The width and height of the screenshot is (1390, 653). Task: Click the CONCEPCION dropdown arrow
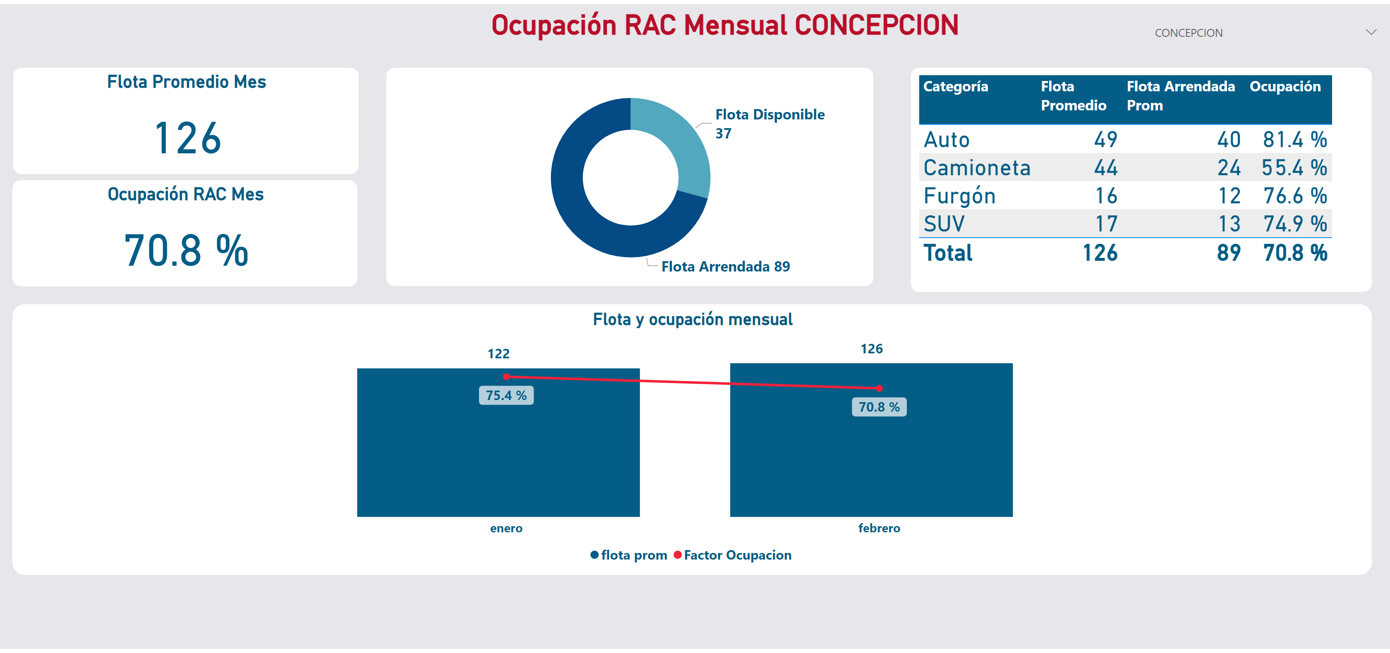pos(1370,32)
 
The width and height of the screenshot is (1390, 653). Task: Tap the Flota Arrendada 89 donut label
pos(725,267)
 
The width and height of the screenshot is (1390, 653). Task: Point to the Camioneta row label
pos(977,168)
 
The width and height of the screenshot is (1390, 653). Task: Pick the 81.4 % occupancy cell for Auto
pos(1294,140)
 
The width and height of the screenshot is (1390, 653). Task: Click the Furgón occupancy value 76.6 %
pos(1294,196)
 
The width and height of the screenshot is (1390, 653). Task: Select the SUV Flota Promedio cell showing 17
pos(1106,224)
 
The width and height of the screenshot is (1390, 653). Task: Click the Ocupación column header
pos(1285,87)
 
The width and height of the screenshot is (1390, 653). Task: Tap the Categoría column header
pos(956,87)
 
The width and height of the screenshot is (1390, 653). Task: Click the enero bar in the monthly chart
pos(498,458)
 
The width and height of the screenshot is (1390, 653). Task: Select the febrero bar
pos(871,458)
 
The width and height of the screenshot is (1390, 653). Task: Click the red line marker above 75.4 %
pos(506,377)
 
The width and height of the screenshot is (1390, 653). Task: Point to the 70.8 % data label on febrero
pos(879,407)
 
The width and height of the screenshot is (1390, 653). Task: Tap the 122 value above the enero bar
pos(498,354)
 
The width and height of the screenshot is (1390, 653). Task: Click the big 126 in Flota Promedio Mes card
pos(187,138)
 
